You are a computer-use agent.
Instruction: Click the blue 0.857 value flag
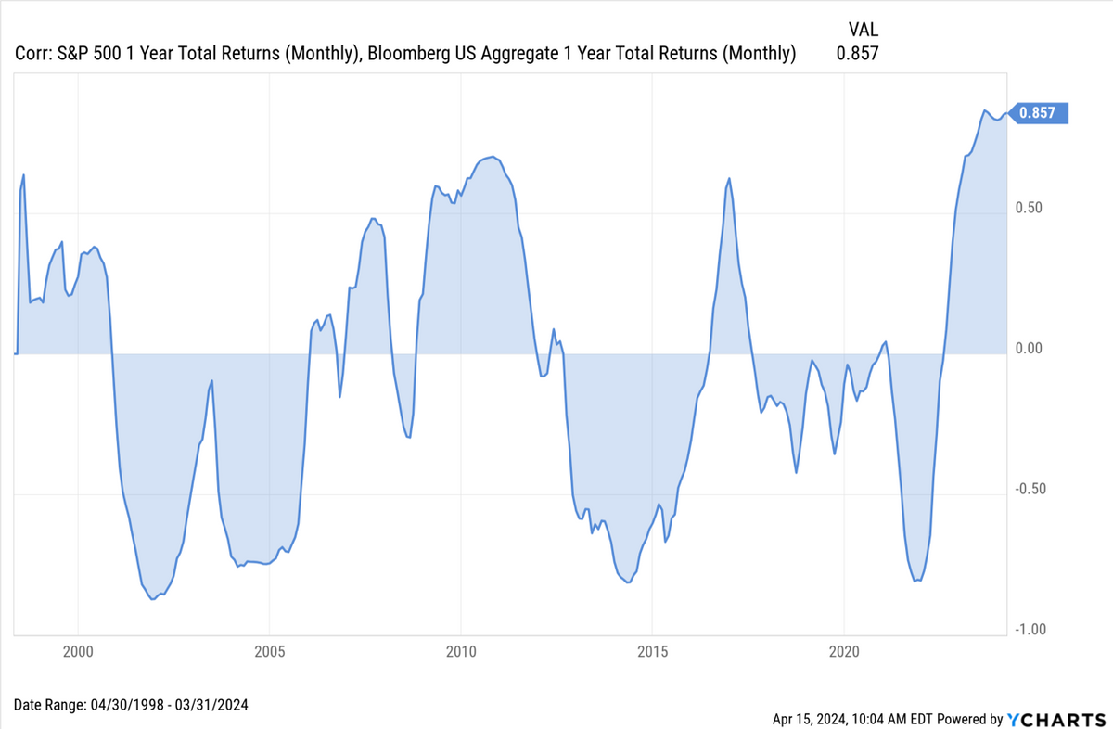(1041, 113)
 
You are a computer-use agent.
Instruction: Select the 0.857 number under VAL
(857, 54)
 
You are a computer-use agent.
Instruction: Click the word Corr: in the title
(35, 54)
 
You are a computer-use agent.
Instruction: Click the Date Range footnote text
(131, 705)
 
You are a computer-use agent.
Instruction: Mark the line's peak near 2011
(491, 157)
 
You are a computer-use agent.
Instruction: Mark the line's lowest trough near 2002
(153, 599)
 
